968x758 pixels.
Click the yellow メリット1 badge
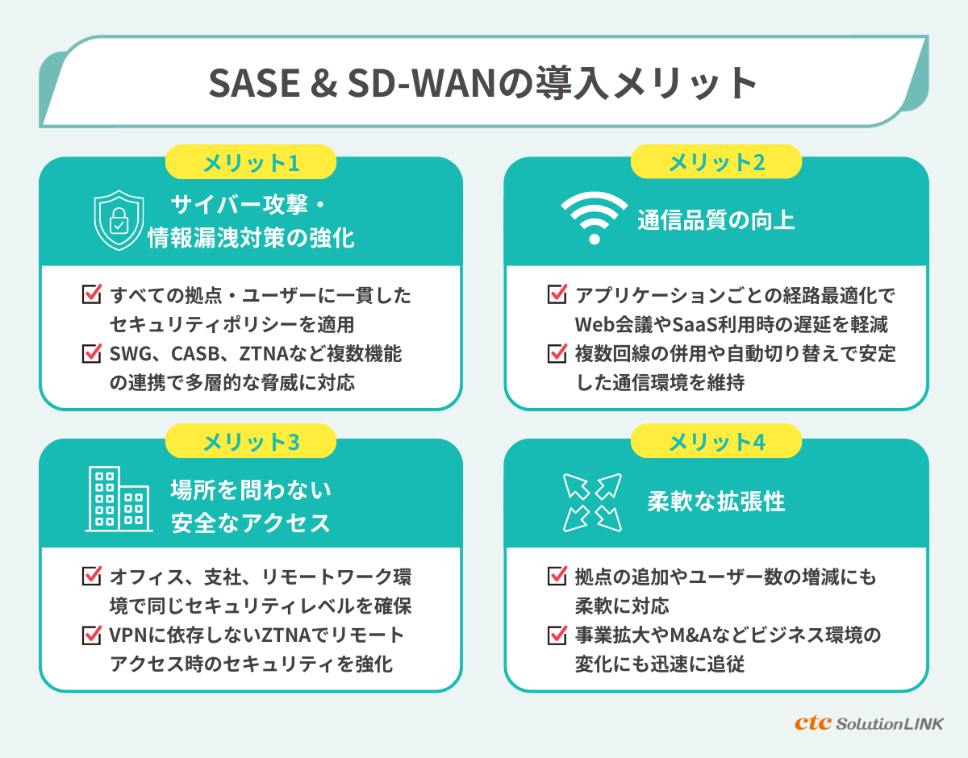click(251, 163)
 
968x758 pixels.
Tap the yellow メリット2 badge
click(716, 163)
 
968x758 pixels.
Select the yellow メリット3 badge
click(251, 442)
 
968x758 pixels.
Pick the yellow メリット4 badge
click(716, 442)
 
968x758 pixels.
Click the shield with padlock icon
click(119, 220)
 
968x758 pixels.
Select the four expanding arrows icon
click(591, 502)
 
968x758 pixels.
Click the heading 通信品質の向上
click(716, 220)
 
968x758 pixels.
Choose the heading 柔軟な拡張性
click(716, 502)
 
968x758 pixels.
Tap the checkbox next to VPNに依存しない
click(92, 635)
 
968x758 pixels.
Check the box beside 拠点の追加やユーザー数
click(557, 577)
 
